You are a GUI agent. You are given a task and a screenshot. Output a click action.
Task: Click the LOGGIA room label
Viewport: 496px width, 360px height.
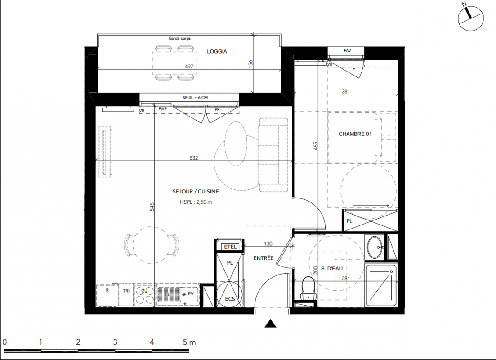(217, 51)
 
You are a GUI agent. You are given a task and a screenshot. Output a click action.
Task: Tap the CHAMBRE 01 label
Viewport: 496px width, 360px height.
(355, 134)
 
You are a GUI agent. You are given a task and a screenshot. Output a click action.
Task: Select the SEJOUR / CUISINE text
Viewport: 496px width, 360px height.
(196, 192)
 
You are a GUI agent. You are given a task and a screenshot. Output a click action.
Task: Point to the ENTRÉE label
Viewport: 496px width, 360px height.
(263, 258)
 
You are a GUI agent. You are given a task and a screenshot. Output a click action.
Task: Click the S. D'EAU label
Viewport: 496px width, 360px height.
(331, 269)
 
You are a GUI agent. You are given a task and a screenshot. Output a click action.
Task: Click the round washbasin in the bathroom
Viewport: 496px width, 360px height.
(375, 247)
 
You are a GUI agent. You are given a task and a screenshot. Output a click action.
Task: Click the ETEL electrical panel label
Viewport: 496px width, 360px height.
(230, 247)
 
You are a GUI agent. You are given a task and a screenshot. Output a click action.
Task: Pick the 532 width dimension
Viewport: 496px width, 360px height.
(194, 157)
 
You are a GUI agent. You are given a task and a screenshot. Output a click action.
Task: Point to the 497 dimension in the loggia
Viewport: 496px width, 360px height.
(189, 67)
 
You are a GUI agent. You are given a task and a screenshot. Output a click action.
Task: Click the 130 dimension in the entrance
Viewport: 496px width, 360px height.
(268, 243)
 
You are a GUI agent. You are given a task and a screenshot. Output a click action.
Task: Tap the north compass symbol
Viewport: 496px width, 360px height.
(471, 18)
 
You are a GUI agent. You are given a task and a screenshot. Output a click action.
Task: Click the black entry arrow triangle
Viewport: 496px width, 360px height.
(270, 323)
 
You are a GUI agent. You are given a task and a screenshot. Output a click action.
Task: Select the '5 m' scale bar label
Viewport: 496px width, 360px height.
(189, 342)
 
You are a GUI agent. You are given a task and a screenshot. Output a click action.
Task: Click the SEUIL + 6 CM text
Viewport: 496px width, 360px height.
(195, 98)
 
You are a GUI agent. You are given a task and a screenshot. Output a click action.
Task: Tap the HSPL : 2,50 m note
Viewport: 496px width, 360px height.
(196, 202)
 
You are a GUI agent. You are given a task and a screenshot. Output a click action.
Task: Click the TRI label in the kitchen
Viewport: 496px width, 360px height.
(126, 291)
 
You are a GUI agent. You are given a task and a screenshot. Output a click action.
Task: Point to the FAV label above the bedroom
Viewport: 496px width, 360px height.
(347, 51)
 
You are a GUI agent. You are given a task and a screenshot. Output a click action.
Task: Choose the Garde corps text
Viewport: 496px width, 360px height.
(180, 38)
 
